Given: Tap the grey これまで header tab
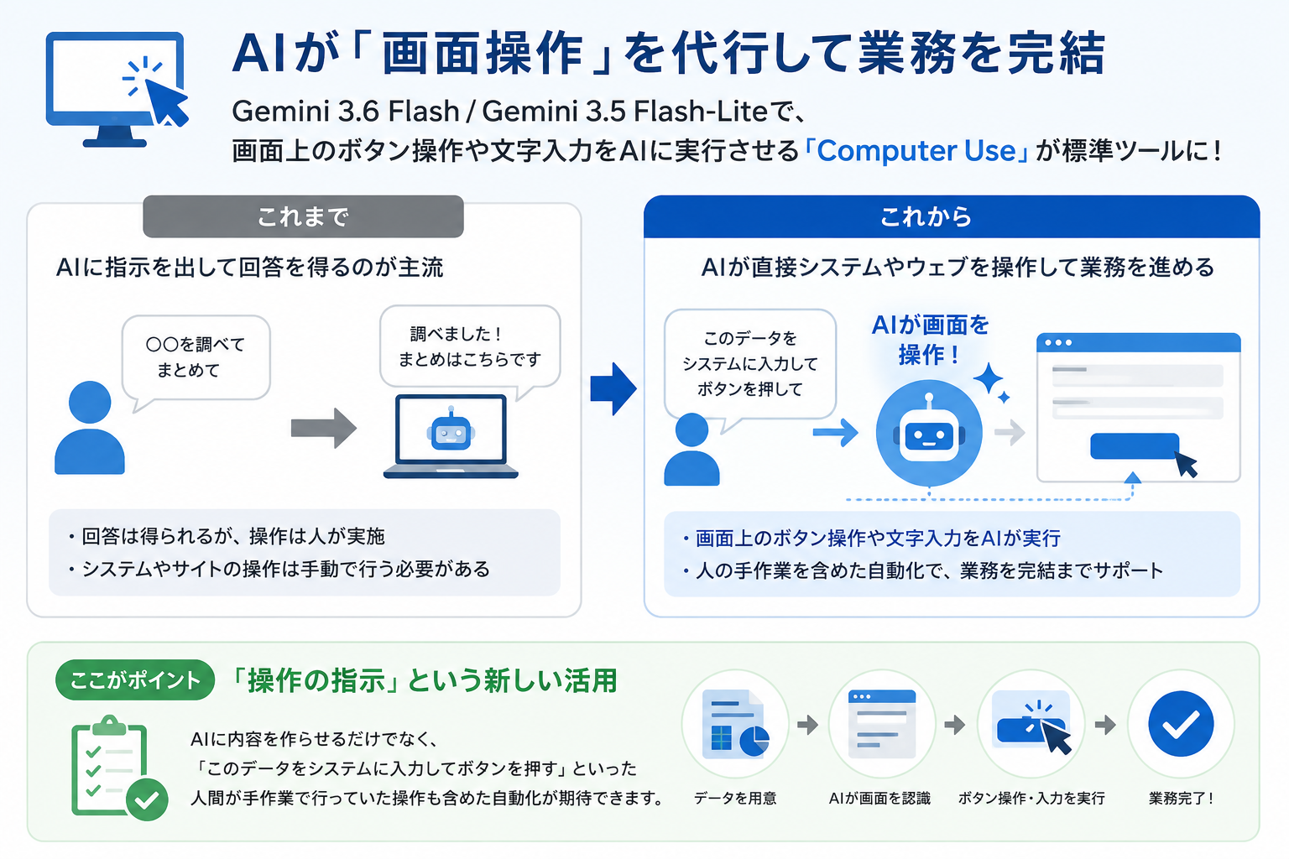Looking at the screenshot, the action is click(x=303, y=216).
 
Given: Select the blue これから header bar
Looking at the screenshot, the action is click(x=952, y=216).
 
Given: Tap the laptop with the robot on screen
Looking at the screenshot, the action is click(x=451, y=436).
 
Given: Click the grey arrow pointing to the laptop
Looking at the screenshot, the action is click(x=323, y=428).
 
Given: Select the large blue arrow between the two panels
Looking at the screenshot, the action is click(x=613, y=389).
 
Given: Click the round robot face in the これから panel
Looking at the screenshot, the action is click(x=929, y=433).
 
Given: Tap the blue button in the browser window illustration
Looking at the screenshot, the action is click(x=1135, y=446).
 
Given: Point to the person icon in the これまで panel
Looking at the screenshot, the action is click(x=90, y=428).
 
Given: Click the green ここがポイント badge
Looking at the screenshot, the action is click(x=135, y=679).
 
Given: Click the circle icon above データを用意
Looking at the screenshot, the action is click(x=735, y=723).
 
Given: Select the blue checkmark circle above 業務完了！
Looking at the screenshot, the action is click(x=1181, y=723).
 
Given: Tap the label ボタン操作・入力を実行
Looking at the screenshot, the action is click(x=1031, y=798).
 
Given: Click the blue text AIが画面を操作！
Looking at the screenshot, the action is click(x=930, y=340).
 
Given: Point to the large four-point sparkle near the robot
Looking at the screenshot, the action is click(x=988, y=378).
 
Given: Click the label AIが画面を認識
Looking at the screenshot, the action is click(x=879, y=798).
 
